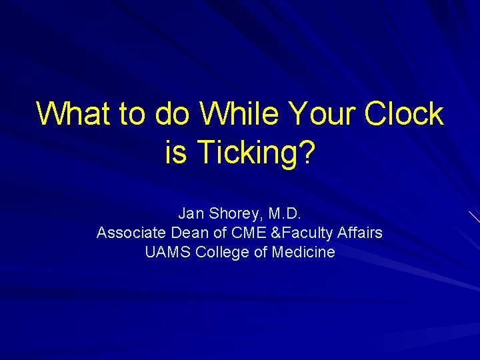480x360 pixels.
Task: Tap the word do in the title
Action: click(172, 114)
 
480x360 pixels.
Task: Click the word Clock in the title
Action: click(404, 114)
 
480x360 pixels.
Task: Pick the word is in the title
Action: click(175, 153)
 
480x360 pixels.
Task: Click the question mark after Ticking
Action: click(307, 153)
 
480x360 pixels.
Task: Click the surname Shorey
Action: click(233, 214)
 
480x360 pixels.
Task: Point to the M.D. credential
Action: click(285, 214)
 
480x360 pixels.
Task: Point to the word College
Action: click(223, 253)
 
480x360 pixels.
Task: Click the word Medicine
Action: click(303, 253)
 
